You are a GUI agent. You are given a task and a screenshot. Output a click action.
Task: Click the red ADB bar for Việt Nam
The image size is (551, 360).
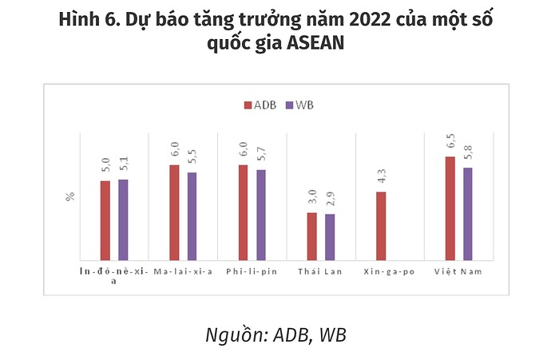point(450,208)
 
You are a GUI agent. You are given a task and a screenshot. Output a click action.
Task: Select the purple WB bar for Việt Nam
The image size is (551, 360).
point(468,214)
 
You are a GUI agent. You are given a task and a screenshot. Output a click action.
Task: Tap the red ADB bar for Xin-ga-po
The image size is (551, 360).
point(381,226)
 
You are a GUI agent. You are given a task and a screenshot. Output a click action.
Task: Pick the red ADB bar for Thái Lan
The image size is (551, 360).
point(312,236)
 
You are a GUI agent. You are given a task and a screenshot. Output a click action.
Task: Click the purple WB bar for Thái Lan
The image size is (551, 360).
point(330,237)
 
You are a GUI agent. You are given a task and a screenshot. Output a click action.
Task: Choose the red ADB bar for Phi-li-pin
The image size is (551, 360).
point(243,212)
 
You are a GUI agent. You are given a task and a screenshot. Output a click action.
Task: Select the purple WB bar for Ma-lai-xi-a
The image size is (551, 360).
point(192,216)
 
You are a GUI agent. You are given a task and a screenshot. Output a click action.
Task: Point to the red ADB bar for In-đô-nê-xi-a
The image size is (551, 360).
point(105,220)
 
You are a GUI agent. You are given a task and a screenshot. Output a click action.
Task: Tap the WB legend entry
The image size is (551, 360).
point(302,105)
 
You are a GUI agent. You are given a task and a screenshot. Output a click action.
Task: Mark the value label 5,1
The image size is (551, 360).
point(123,166)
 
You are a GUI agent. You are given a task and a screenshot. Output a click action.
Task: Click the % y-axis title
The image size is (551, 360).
point(69,196)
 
